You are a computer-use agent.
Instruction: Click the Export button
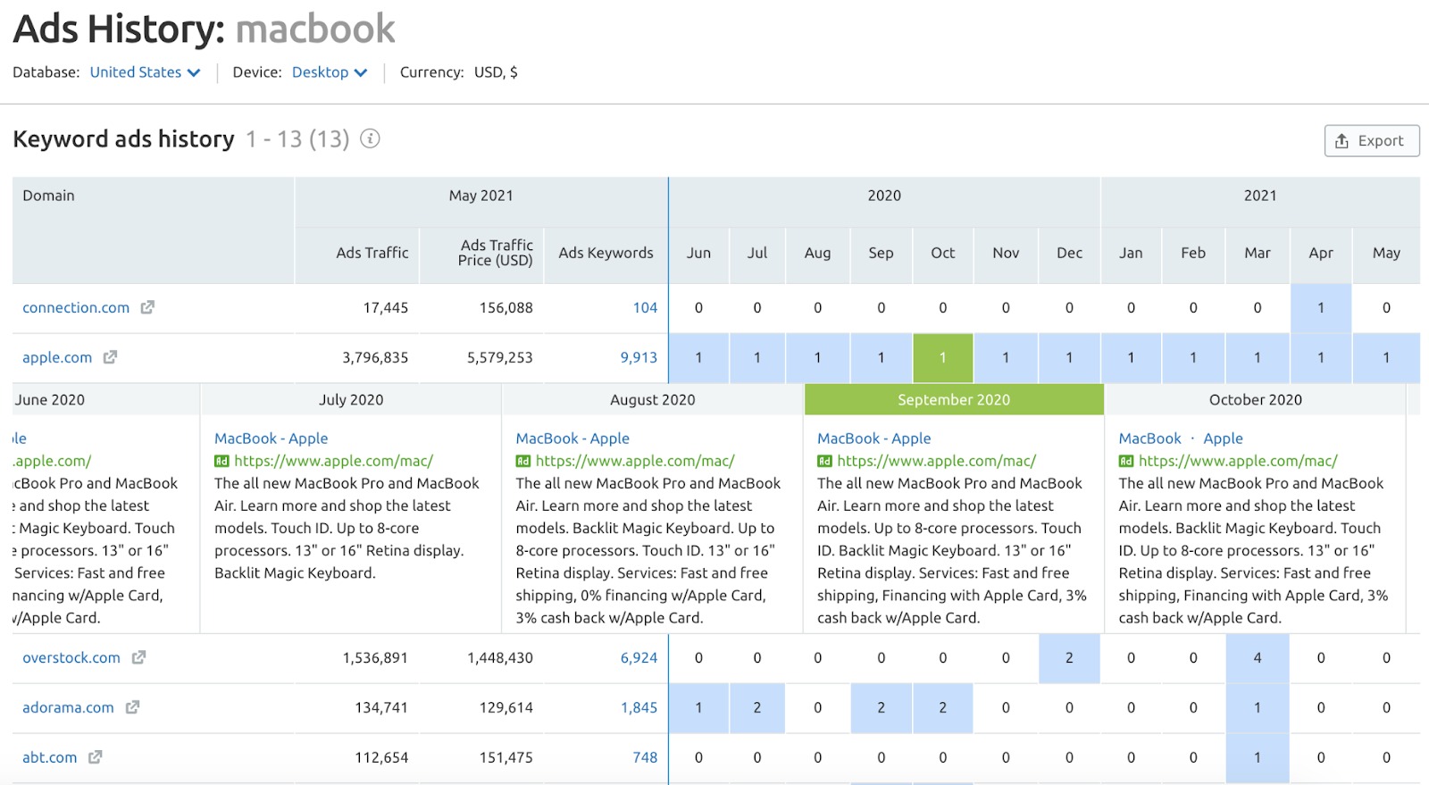[x=1371, y=141]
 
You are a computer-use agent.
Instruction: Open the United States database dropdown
[x=145, y=72]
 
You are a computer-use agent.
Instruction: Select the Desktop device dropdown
[x=329, y=72]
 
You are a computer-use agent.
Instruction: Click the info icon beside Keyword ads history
[x=370, y=139]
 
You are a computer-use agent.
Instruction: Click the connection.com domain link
[x=76, y=307]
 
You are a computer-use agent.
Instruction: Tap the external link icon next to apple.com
[x=110, y=357]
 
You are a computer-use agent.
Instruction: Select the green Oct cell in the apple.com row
[x=942, y=357]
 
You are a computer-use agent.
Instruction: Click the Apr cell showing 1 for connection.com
[x=1320, y=307]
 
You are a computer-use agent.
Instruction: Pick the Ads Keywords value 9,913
[x=639, y=357]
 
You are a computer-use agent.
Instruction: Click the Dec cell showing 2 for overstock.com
[x=1069, y=657]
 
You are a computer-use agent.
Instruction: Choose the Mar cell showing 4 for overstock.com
[x=1257, y=657]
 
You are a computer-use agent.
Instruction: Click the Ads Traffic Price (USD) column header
[x=496, y=253]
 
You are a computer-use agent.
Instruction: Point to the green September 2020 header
[x=953, y=399]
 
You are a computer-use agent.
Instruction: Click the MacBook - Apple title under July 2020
[x=271, y=438]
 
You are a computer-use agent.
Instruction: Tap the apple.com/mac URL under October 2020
[x=1237, y=461]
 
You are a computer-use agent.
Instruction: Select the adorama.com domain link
[x=68, y=707]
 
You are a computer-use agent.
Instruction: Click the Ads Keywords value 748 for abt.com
[x=645, y=757]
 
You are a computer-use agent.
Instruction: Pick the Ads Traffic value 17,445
[x=385, y=307]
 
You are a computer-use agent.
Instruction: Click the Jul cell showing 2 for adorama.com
[x=756, y=707]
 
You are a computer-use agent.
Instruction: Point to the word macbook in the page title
[x=315, y=29]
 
